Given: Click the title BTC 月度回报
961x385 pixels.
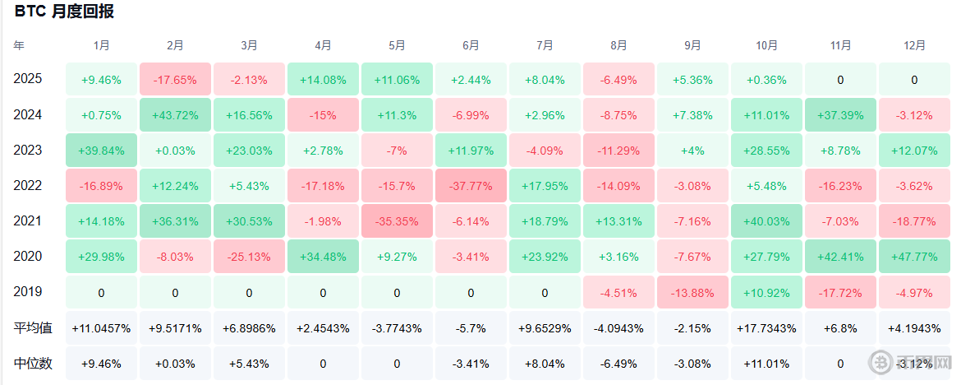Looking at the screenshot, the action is coord(64,12).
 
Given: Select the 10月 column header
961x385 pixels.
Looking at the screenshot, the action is coord(766,45).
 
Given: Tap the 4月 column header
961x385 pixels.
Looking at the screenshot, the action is coord(323,45).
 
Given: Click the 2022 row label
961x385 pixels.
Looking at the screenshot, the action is coord(28,185).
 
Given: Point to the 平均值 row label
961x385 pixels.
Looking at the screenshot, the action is coord(33,328).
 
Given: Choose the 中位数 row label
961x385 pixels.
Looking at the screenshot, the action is coord(33,364).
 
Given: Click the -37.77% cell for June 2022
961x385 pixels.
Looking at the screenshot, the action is coord(471,186).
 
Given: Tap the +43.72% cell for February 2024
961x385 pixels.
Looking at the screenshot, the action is coord(175,115).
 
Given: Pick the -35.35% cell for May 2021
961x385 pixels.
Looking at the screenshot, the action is coord(397,221).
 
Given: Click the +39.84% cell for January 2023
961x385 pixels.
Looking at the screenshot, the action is coord(101,151).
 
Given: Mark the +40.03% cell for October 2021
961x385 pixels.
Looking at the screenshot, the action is coord(766,221).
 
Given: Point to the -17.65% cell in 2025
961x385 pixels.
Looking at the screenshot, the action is coord(175,79).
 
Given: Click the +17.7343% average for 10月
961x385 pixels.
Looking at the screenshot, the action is coord(766,328).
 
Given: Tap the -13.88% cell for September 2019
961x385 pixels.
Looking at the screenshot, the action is coord(692,292).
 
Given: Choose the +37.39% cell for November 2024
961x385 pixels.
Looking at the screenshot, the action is coord(840,115).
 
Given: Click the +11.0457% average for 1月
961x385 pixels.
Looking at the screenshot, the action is coord(101,328).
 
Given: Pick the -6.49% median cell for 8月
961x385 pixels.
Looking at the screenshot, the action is coord(618,364).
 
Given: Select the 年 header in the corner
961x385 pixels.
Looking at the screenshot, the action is coord(19,45).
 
